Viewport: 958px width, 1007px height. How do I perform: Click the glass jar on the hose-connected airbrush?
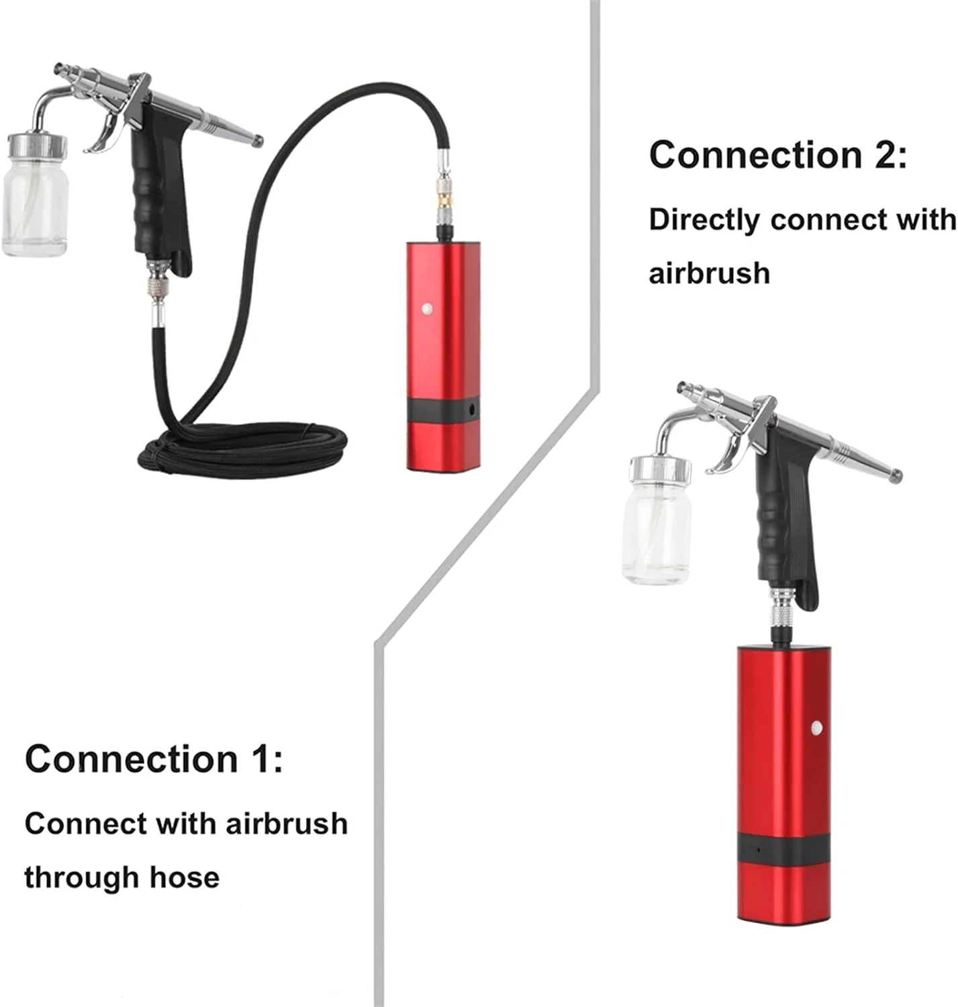tap(36, 195)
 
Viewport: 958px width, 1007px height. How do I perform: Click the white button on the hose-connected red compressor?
tap(426, 309)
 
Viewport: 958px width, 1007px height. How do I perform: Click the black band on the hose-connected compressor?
tap(444, 410)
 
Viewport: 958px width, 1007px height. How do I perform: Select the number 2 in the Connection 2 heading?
tap(884, 154)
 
